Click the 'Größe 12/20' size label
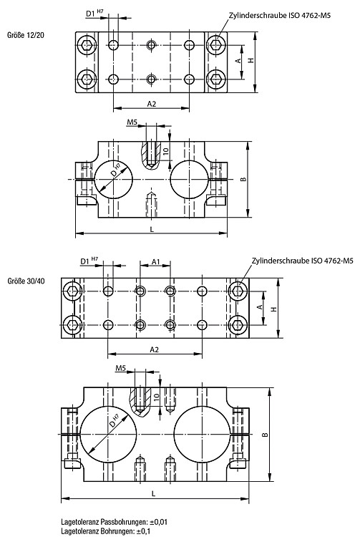pyautogui.click(x=26, y=35)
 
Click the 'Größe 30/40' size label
pyautogui.click(x=26, y=281)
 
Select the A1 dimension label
pyautogui.click(x=156, y=262)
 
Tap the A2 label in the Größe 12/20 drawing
pyautogui.click(x=152, y=104)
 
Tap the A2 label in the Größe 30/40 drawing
pyautogui.click(x=155, y=349)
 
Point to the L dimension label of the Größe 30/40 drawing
pyautogui.click(x=153, y=493)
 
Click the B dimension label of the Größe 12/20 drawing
pyautogui.click(x=243, y=179)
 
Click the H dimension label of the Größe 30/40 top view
pyautogui.click(x=273, y=309)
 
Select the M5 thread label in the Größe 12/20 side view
pyautogui.click(x=132, y=122)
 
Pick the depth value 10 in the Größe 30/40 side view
pyautogui.click(x=157, y=397)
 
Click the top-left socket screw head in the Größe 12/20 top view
pyautogui.click(x=85, y=45)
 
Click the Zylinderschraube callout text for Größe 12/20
pyautogui.click(x=280, y=16)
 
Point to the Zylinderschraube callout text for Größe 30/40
pyautogui.click(x=303, y=261)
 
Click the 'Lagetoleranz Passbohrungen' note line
pyautogui.click(x=115, y=522)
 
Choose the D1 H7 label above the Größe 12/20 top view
pyautogui.click(x=94, y=14)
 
